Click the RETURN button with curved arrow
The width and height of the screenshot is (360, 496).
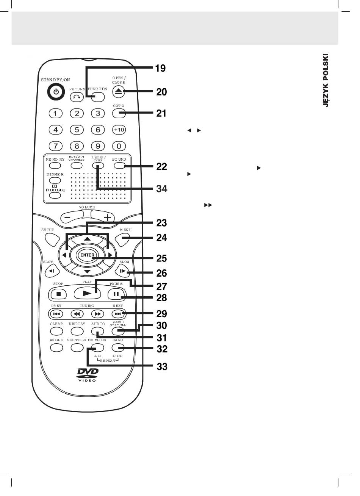click(x=77, y=97)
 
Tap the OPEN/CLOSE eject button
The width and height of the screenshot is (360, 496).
click(x=119, y=92)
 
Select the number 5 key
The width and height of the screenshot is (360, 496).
click(x=77, y=130)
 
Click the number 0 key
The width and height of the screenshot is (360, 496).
click(x=119, y=146)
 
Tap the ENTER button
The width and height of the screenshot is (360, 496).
click(x=87, y=255)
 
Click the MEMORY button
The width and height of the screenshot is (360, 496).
click(x=55, y=166)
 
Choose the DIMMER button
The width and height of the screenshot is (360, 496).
click(x=55, y=180)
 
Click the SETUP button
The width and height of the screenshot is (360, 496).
click(x=52, y=240)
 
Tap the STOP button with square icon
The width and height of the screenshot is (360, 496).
click(x=59, y=294)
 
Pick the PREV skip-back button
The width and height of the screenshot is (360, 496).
click(x=57, y=314)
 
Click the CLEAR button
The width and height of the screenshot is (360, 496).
click(x=56, y=331)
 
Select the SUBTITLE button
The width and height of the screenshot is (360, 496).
click(x=77, y=347)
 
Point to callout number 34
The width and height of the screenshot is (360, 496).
click(x=162, y=189)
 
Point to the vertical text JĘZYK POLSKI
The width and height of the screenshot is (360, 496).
click(x=326, y=80)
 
